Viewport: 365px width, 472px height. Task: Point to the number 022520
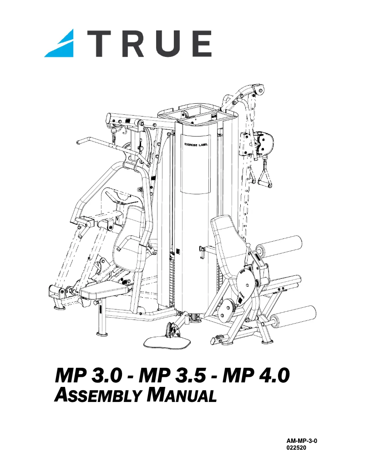pyautogui.click(x=295, y=448)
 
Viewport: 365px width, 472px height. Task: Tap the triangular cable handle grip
pyautogui.click(x=264, y=178)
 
